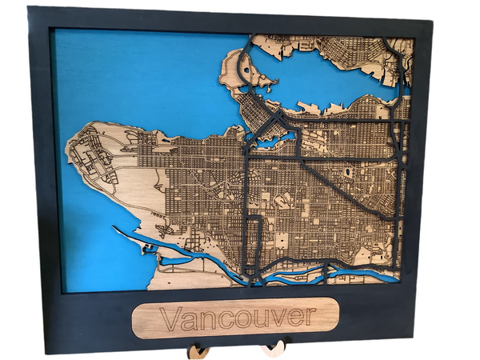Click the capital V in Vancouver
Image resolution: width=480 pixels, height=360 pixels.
(x=169, y=315)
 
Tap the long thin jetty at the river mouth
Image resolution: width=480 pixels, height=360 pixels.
(x=136, y=239)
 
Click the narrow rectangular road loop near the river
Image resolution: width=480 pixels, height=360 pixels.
(x=253, y=244)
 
